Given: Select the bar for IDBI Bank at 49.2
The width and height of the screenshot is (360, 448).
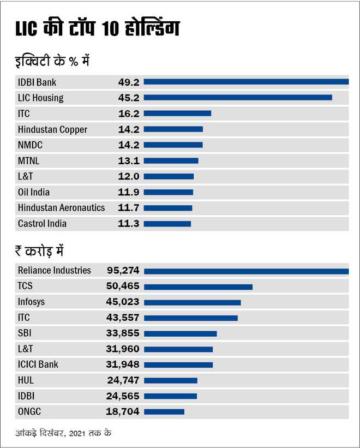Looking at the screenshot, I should coord(246,82).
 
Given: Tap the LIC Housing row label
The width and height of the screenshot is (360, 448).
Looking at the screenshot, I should coord(40,98).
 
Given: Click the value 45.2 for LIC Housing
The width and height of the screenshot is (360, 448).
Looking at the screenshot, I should coord(129,98).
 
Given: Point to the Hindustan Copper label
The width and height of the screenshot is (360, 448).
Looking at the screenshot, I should coord(52,129).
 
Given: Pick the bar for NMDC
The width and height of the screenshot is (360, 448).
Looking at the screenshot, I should coord(173,145).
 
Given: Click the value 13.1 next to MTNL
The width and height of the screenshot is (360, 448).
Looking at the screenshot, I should coord(129,160).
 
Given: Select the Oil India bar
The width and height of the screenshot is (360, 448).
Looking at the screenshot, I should coord(169,192).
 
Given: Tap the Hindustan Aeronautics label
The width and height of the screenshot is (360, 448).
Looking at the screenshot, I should coord(61,208).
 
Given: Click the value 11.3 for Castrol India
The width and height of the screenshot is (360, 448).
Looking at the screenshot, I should coord(129,224).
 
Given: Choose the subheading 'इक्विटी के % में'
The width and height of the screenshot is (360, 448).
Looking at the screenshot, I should coord(52,61).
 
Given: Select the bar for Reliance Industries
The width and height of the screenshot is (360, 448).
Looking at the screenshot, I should coord(246,271).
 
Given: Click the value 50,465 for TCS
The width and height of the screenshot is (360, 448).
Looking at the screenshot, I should coord(123,286).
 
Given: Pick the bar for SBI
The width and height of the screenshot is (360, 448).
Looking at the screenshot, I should coord(180,333).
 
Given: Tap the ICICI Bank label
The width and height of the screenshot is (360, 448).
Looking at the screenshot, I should coord(38,365).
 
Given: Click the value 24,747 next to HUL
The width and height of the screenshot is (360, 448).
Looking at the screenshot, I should coord(123,380).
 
